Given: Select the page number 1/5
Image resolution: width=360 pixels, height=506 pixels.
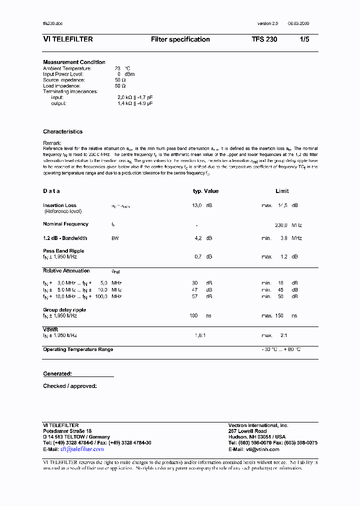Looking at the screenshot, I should click(304, 39).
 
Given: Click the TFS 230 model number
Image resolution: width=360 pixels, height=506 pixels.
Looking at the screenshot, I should click(264, 39).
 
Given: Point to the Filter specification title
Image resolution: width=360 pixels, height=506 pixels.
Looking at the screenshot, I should click(180, 39).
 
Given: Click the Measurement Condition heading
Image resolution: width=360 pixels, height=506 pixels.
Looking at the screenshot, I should click(74, 62).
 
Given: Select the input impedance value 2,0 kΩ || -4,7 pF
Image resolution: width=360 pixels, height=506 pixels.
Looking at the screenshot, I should click(135, 97).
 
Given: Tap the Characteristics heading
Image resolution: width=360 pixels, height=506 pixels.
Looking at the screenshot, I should click(62, 131).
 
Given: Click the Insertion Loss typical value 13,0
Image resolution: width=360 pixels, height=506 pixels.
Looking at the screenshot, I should click(197, 205).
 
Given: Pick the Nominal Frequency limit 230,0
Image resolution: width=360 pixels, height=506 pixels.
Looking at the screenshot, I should click(281, 225).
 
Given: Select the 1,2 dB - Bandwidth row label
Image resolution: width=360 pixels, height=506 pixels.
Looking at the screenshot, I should click(65, 238).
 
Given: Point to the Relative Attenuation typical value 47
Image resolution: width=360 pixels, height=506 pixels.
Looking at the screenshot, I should click(194, 290).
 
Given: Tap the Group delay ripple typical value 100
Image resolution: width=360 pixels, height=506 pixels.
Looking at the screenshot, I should click(193, 316).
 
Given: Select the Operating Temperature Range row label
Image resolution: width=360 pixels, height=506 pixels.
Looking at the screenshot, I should click(78, 349).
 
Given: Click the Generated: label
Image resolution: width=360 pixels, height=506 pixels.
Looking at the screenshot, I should click(57, 373).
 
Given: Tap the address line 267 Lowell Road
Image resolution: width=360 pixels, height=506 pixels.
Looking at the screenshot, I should click(247, 431).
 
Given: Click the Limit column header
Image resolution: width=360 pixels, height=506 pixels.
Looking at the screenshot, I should click(282, 191).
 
